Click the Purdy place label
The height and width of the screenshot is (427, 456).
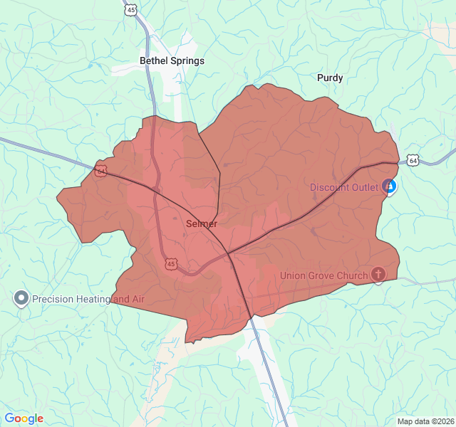(x=330, y=78)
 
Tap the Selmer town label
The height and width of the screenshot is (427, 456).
(x=202, y=223)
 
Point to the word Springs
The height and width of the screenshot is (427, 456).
(x=187, y=61)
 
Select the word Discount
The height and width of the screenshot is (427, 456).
(x=329, y=188)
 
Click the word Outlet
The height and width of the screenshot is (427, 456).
(x=365, y=188)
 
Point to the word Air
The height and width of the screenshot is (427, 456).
(x=138, y=299)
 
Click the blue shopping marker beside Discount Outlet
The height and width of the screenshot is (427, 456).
(x=389, y=187)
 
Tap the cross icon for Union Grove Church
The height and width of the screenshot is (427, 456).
(x=378, y=274)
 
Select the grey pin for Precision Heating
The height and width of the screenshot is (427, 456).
(x=21, y=298)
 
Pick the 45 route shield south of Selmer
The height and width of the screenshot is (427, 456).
(x=170, y=264)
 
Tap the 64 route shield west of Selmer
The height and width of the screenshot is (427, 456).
(x=101, y=171)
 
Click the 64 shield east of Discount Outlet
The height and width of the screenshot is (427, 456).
(x=413, y=161)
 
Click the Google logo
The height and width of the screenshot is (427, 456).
(x=24, y=418)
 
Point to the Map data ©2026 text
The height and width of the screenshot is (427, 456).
(x=425, y=421)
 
